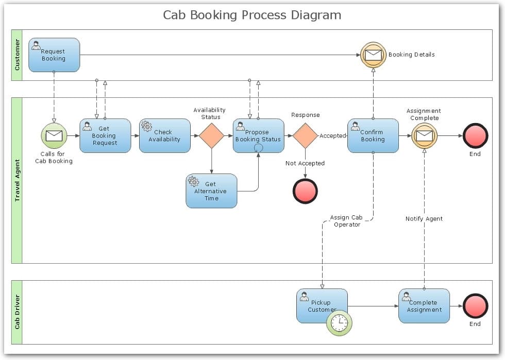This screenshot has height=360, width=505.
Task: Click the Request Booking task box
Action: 54,55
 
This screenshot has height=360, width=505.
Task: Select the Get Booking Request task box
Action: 105,136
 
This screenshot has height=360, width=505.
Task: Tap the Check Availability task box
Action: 165,136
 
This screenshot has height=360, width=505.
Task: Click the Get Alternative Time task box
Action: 211,191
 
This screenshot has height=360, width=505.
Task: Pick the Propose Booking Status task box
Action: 258,136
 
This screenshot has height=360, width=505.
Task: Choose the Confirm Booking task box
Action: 373,136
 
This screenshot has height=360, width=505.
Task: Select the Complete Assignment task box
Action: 424,306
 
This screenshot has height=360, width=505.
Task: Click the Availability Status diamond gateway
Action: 211,136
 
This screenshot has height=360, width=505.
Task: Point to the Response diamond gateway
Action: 305,136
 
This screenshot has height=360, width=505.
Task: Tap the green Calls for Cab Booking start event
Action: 54,136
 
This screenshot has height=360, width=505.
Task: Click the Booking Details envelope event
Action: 373,55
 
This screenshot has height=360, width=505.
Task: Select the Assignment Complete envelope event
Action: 424,136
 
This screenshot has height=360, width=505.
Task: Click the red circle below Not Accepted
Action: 305,191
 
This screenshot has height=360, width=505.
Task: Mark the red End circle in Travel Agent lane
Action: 475,136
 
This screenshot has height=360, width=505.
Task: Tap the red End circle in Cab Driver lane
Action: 475,306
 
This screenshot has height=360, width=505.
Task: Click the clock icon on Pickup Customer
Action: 339,323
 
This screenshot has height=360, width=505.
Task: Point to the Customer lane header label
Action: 17,55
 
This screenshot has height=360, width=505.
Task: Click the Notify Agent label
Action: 424,219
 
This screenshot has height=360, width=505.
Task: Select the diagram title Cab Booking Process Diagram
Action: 252,15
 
